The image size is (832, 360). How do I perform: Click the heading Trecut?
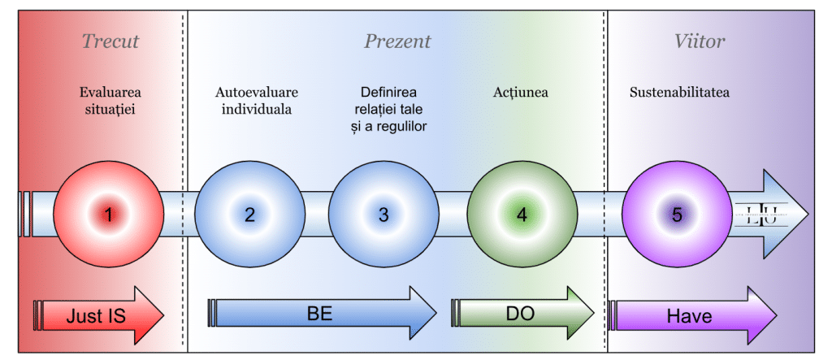click(x=110, y=41)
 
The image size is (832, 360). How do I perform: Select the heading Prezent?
click(x=397, y=41)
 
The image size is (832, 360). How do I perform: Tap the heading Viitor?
click(x=700, y=41)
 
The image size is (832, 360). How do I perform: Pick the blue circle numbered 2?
click(x=249, y=215)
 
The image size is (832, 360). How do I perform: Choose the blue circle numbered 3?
click(x=383, y=215)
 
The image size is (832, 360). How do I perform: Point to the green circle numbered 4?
click(x=522, y=215)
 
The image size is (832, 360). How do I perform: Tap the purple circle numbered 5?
click(x=677, y=215)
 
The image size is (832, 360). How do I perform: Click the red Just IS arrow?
click(x=98, y=315)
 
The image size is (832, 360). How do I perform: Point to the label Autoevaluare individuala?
click(x=255, y=101)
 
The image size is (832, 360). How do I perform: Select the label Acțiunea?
click(x=520, y=93)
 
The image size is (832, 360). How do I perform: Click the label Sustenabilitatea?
click(x=679, y=93)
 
